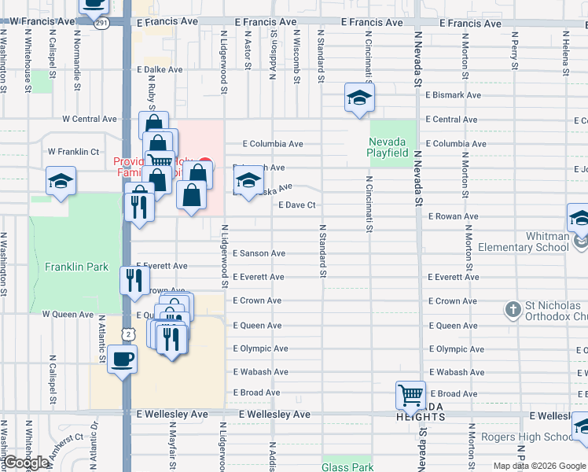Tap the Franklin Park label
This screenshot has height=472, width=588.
click(76, 267)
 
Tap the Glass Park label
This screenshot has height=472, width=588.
click(347, 467)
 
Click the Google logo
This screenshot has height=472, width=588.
click(25, 463)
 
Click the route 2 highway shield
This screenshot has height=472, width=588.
click(127, 334)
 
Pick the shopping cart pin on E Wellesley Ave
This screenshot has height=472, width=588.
click(410, 395)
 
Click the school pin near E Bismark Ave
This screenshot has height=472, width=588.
click(359, 98)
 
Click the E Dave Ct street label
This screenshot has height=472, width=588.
click(297, 205)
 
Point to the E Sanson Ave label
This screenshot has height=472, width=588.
click(259, 253)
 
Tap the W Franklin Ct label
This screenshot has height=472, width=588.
click(73, 151)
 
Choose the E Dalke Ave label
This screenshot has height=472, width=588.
click(160, 70)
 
